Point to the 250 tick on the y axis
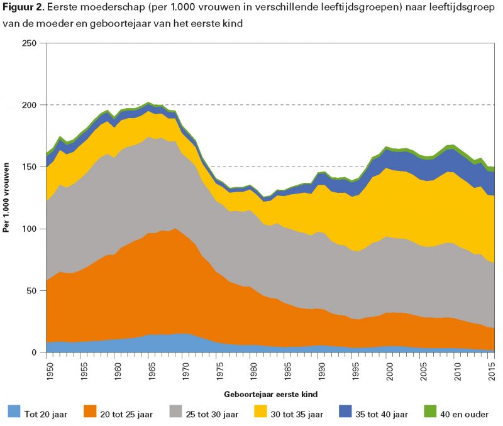(30, 43)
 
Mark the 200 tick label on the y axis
(30, 105)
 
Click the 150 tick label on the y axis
(30, 167)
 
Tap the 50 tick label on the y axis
(31, 291)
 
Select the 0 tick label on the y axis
(34, 352)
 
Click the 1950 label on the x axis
(47, 368)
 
